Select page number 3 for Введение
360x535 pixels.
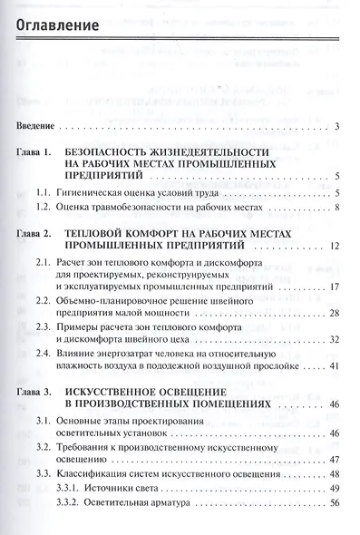[x=336, y=126]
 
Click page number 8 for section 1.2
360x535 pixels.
[x=336, y=209]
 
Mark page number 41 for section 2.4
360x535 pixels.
[x=334, y=367]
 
